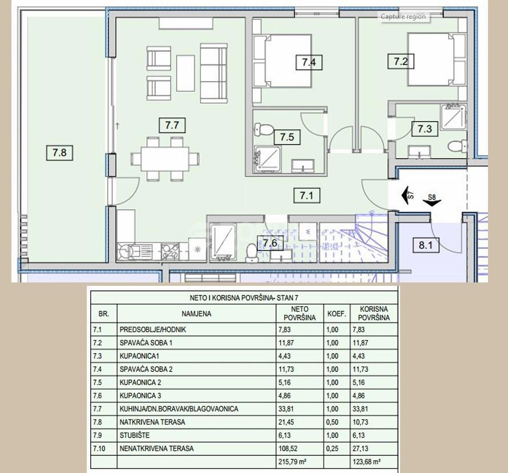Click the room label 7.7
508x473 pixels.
pyautogui.click(x=172, y=125)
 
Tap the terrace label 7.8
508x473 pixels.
pyautogui.click(x=59, y=152)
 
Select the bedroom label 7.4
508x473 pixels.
pyautogui.click(x=308, y=62)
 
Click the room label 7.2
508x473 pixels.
pyautogui.click(x=401, y=60)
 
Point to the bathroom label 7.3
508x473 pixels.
pyautogui.click(x=424, y=129)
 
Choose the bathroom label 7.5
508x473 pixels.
pyautogui.click(x=287, y=136)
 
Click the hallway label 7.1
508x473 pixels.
pyautogui.click(x=307, y=196)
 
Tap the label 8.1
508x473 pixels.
pyautogui.click(x=425, y=246)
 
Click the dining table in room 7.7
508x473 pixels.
pyautogui.click(x=165, y=157)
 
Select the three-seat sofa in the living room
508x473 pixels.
pyautogui.click(x=213, y=71)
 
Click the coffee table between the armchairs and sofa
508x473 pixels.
pyautogui.click(x=185, y=72)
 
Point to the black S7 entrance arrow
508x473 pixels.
pyautogui.click(x=406, y=194)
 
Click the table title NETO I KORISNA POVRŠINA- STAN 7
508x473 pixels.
pyautogui.click(x=244, y=298)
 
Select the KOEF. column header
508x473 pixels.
pyautogui.click(x=337, y=314)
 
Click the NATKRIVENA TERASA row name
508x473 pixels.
pyautogui.click(x=153, y=422)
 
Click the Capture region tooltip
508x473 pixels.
pyautogui.click(x=404, y=17)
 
